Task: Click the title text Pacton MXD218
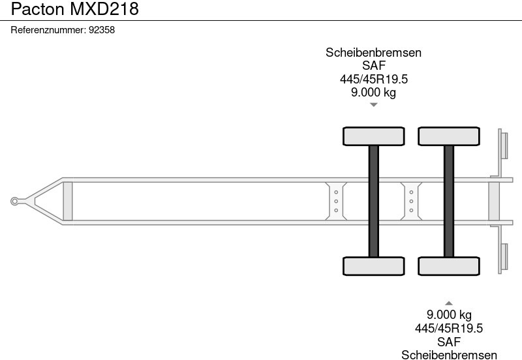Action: (74, 8)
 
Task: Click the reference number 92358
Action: (102, 30)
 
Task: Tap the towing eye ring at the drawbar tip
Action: (14, 202)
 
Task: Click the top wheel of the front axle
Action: (373, 136)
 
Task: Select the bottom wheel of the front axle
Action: (373, 266)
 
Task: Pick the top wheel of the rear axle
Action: (449, 136)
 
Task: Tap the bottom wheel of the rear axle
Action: (449, 266)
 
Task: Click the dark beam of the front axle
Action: (373, 202)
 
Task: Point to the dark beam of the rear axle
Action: (449, 202)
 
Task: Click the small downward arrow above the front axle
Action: (373, 105)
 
